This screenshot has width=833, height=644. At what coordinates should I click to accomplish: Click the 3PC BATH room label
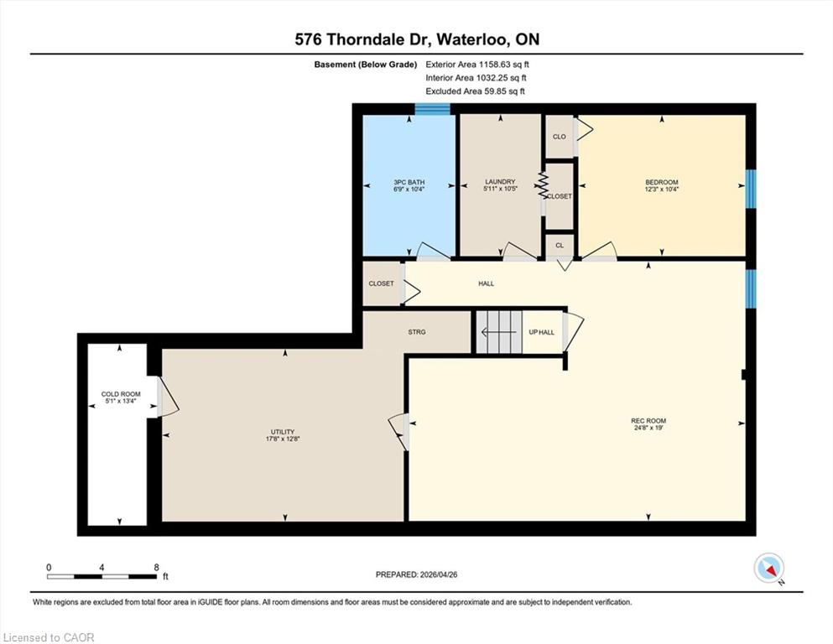point(409,182)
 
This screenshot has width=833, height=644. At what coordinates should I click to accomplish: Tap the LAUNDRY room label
point(500,182)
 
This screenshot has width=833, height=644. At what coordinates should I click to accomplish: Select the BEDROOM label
point(661,182)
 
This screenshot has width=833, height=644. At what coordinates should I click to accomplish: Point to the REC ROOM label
point(648,421)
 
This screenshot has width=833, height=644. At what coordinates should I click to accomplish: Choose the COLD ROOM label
point(121,394)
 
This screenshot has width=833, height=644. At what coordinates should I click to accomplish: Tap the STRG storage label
point(416,332)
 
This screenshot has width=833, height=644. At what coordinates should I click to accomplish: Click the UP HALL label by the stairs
point(541,332)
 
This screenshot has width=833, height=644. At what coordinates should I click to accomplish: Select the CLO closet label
point(560,137)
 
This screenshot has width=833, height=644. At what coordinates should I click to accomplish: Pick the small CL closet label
point(560,246)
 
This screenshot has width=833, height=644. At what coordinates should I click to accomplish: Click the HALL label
point(486,283)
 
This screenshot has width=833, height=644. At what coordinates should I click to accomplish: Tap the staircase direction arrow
point(498,332)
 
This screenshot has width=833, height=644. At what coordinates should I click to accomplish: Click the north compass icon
point(769,568)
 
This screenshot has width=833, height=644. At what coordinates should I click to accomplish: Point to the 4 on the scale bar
point(102,567)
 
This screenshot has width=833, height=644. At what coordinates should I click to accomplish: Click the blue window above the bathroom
point(432,109)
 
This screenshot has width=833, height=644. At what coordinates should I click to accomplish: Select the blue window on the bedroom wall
point(751,189)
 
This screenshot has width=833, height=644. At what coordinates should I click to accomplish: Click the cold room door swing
point(169,396)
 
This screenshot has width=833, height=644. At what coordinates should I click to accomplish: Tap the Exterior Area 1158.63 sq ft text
point(477,65)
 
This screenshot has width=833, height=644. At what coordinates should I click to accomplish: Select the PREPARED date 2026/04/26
point(438,574)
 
